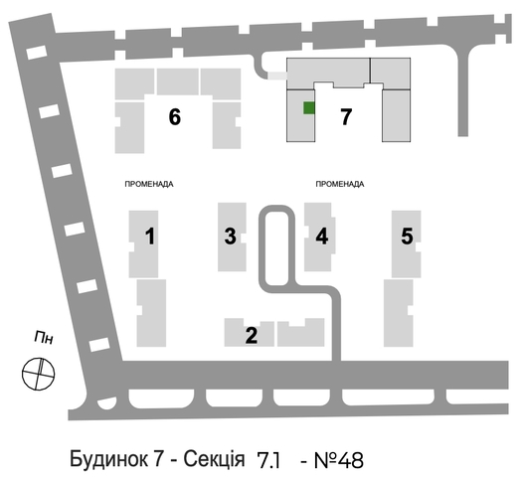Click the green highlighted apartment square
[x=309, y=108]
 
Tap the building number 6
[x=175, y=117]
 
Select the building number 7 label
[x=346, y=117]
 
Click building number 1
[x=150, y=236]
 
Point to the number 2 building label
[x=252, y=335]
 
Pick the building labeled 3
[x=230, y=236]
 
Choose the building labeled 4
[x=322, y=236]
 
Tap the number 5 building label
[x=407, y=236]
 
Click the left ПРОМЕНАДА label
[x=149, y=184]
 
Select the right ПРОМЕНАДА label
[x=340, y=184]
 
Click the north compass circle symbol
[x=38, y=374]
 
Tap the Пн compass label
[x=44, y=338]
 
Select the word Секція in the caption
[x=214, y=459]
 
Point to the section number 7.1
[x=268, y=460]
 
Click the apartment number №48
[x=339, y=460]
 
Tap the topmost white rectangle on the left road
[x=37, y=53]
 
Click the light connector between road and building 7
[x=277, y=76]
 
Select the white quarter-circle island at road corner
[x=107, y=403]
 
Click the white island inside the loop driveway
[x=276, y=249]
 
